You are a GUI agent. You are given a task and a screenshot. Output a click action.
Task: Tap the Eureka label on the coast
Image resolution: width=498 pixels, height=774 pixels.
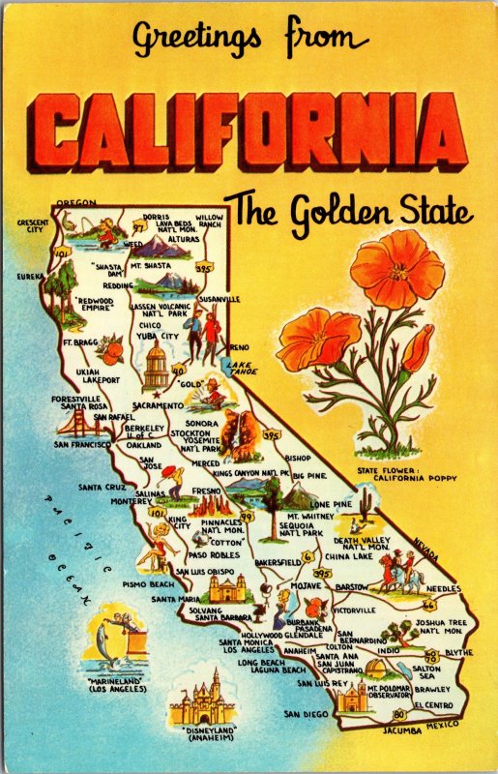coord(30,276)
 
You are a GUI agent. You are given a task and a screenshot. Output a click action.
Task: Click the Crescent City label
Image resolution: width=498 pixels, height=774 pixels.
coord(32,225)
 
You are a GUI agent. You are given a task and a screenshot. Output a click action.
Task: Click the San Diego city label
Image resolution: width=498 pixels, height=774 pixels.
coord(306,714)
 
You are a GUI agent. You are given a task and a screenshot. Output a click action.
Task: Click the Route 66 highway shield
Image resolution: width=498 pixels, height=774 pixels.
coord(428,604)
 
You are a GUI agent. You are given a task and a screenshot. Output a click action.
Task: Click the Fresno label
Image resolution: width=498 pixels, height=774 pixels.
coord(208,491)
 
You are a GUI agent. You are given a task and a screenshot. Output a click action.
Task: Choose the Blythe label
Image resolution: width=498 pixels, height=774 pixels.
coord(457,653)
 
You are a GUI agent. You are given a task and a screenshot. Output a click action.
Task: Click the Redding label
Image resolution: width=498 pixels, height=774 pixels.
coord(119,286)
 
